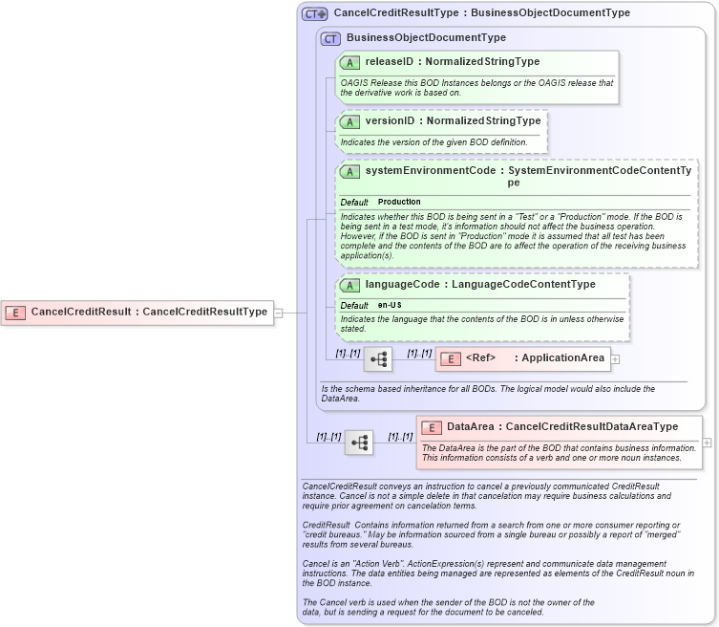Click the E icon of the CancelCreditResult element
16,312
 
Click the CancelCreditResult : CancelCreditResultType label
149,312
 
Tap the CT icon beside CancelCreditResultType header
314,14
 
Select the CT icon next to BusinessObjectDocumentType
330,38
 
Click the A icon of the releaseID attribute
349,62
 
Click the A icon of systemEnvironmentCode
349,172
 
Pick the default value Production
399,203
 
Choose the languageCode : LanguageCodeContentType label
480,284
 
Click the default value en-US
390,305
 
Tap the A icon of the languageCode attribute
349,285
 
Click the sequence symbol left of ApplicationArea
378,359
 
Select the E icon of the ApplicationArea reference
451,358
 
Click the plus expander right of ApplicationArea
615,359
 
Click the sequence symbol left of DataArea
359,443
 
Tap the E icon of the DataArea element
432,427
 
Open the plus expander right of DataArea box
707,443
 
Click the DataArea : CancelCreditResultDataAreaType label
562,427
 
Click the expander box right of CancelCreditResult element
279,312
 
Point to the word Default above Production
354,203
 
